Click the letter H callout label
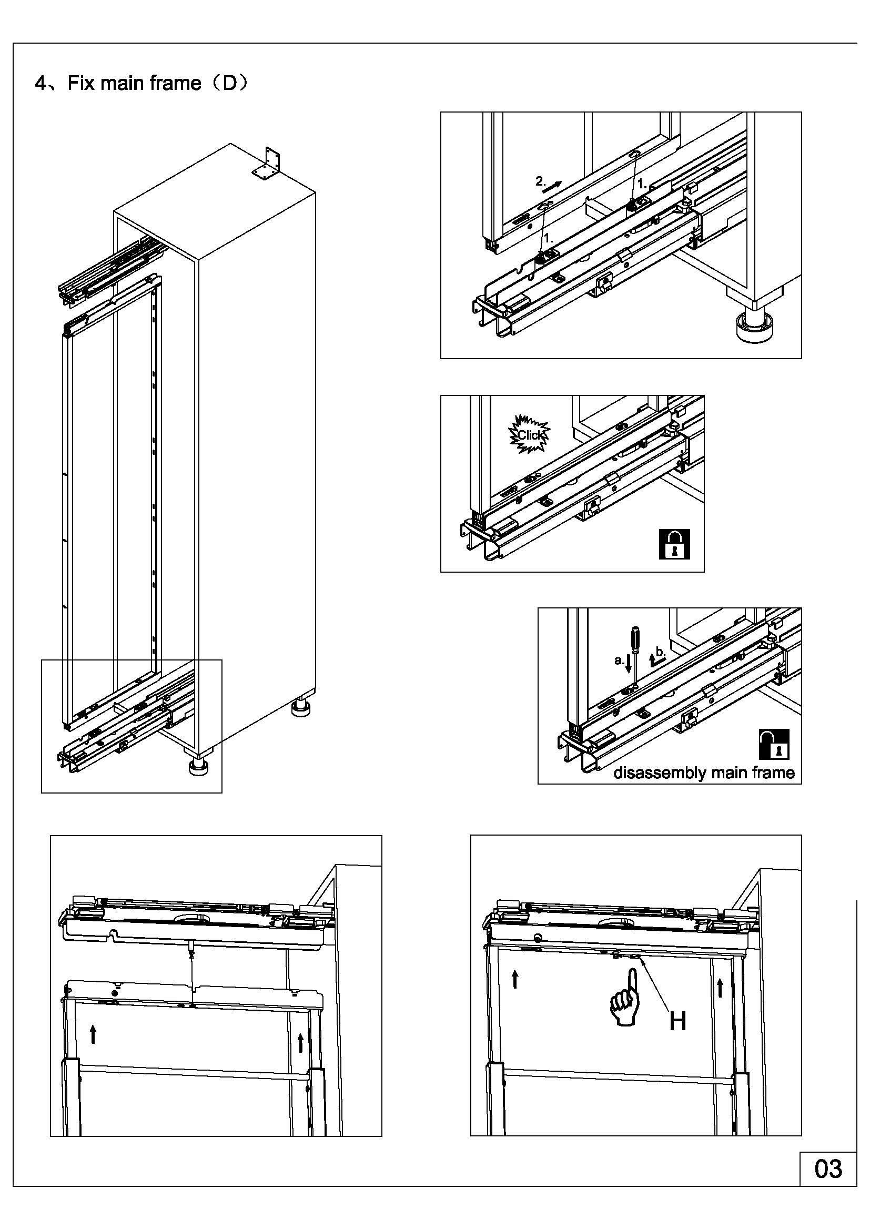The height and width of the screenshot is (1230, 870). (677, 1021)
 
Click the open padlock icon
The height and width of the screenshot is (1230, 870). (774, 744)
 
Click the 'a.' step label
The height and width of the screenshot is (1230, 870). (619, 660)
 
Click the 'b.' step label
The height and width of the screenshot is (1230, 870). (661, 652)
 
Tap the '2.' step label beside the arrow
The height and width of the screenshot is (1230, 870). (541, 181)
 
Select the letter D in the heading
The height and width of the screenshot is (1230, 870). (229, 83)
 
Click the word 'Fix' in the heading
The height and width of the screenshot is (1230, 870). (81, 84)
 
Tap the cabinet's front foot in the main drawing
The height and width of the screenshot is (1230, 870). (198, 767)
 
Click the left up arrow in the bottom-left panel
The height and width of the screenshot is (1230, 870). (93, 1034)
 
